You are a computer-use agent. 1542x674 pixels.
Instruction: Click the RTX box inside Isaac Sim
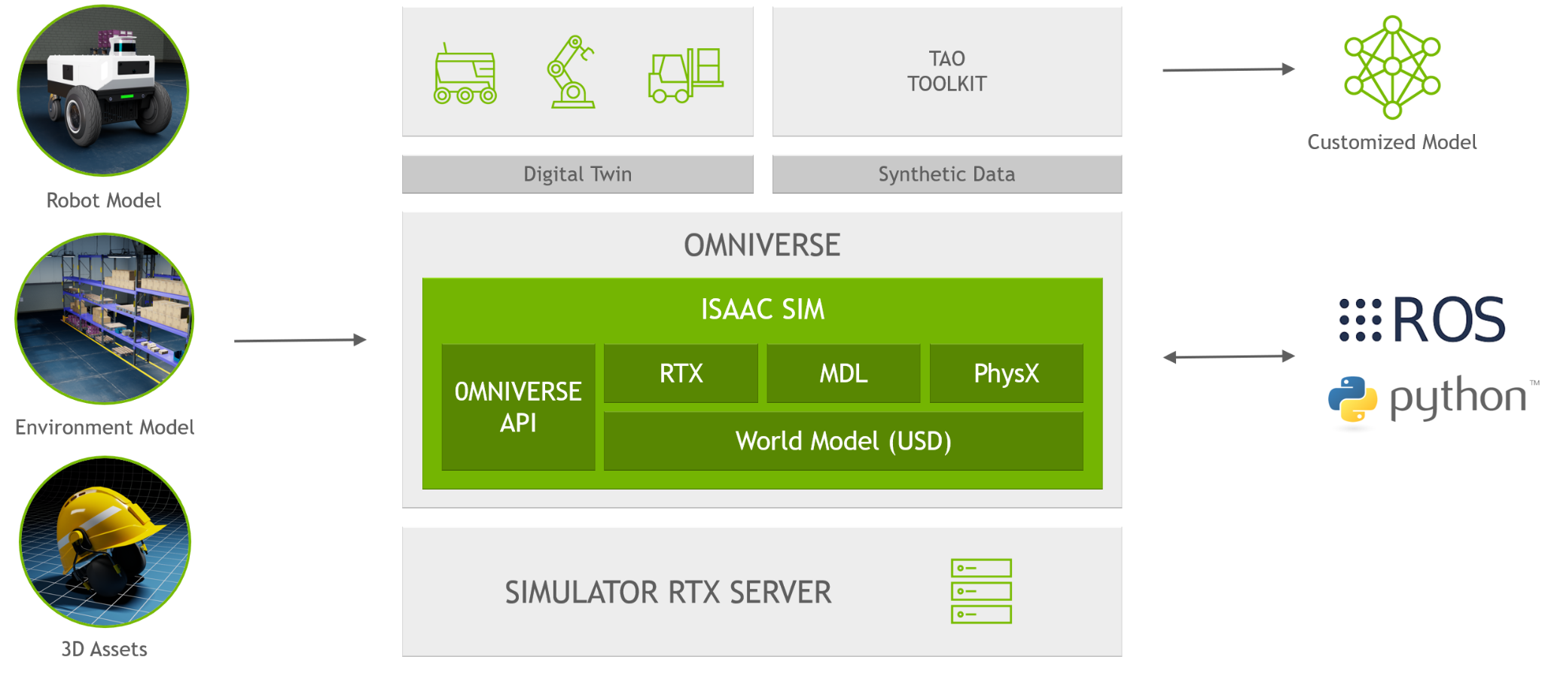(x=681, y=374)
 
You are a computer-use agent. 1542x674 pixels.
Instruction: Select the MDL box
(x=843, y=374)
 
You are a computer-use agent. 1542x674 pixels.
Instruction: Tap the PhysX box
(x=1006, y=374)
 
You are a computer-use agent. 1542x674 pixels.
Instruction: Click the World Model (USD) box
(x=843, y=441)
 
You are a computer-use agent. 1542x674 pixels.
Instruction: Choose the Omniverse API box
(x=518, y=407)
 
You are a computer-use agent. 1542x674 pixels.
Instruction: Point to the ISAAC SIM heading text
(x=762, y=310)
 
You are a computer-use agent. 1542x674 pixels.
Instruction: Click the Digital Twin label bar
(x=577, y=174)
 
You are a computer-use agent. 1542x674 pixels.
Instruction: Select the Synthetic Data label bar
(x=946, y=174)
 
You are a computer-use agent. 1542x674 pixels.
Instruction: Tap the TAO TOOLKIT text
(x=946, y=71)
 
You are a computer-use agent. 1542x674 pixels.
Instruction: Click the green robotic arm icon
(x=571, y=72)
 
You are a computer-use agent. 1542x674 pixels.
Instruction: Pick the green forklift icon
(x=685, y=75)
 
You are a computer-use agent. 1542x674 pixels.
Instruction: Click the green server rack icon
(x=981, y=591)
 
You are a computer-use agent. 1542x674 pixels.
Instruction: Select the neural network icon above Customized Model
(x=1392, y=67)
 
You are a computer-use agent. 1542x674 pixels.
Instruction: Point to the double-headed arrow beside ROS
(x=1229, y=356)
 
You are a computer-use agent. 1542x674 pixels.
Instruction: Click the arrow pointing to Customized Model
(x=1229, y=69)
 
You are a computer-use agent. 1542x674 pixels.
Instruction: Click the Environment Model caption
(x=105, y=427)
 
